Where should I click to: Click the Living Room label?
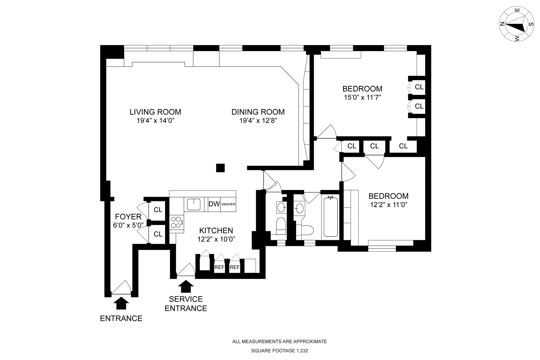[x=155, y=112]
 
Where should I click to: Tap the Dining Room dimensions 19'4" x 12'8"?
[x=258, y=121]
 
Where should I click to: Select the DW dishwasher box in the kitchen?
[x=214, y=204]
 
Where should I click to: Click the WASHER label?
[x=228, y=204]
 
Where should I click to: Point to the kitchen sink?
[x=193, y=204]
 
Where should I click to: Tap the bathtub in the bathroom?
[x=330, y=216]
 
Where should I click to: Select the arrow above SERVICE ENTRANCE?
[x=186, y=286]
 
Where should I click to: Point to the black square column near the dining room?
[x=220, y=168]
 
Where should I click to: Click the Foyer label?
[x=128, y=217]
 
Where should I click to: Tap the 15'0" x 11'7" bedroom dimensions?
[x=362, y=98]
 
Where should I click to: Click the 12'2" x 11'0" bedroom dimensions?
[x=388, y=205]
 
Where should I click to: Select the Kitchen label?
[x=216, y=231]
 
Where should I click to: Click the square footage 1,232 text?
[x=280, y=351]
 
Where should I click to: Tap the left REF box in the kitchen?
[x=219, y=267]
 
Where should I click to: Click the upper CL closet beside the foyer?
[x=158, y=210]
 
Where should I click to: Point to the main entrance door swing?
[x=121, y=287]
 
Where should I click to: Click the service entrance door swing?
[x=186, y=270]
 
